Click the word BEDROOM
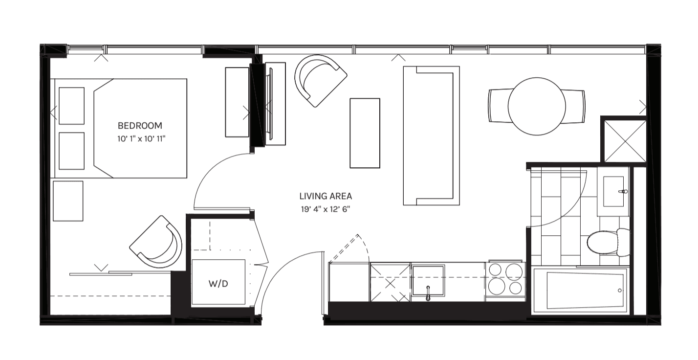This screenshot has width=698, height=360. pyautogui.click(x=139, y=126)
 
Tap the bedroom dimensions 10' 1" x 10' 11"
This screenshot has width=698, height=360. pyautogui.click(x=141, y=139)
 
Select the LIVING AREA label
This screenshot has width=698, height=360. pyautogui.click(x=326, y=196)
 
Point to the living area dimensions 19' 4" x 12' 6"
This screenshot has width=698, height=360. pyautogui.click(x=326, y=209)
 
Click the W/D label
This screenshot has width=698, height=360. pyautogui.click(x=218, y=284)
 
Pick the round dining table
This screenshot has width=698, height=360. pyautogui.click(x=537, y=106)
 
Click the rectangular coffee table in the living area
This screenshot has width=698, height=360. pyautogui.click(x=365, y=133)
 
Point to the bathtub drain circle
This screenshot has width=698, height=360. pyautogui.click(x=620, y=291)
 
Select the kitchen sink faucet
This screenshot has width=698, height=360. pyautogui.click(x=428, y=293)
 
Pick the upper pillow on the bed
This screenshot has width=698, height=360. pyautogui.click(x=71, y=106)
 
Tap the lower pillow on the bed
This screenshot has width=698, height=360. pyautogui.click(x=71, y=151)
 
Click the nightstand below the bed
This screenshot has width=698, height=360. pyautogui.click(x=68, y=201)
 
